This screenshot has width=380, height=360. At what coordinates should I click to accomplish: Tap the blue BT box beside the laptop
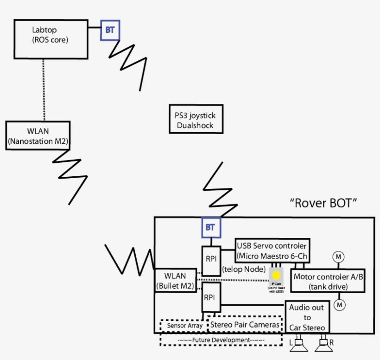pyautogui.click(x=110, y=30)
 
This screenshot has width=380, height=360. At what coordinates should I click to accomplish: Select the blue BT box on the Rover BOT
pyautogui.click(x=210, y=227)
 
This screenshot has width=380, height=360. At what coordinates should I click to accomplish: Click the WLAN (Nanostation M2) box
pyautogui.click(x=38, y=135)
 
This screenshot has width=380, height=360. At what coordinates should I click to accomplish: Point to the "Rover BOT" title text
pyautogui.click(x=323, y=203)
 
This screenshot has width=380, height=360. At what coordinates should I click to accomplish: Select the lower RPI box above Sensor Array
pyautogui.click(x=211, y=297)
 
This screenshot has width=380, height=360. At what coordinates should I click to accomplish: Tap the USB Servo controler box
pyautogui.click(x=272, y=251)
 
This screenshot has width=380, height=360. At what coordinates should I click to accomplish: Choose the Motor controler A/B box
pyautogui.click(x=327, y=281)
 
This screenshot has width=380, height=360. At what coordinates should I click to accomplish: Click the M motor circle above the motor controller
pyautogui.click(x=339, y=257)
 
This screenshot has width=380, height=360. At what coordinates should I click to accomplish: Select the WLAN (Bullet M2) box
pyautogui.click(x=175, y=281)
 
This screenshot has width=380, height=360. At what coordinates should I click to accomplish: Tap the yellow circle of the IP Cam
pyautogui.click(x=277, y=275)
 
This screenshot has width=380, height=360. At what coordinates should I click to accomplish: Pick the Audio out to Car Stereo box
pyautogui.click(x=307, y=317)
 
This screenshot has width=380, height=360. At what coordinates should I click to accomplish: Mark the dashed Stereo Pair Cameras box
pyautogui.click(x=245, y=325)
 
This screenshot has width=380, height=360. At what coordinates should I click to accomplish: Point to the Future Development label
pyautogui.click(x=221, y=340)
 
